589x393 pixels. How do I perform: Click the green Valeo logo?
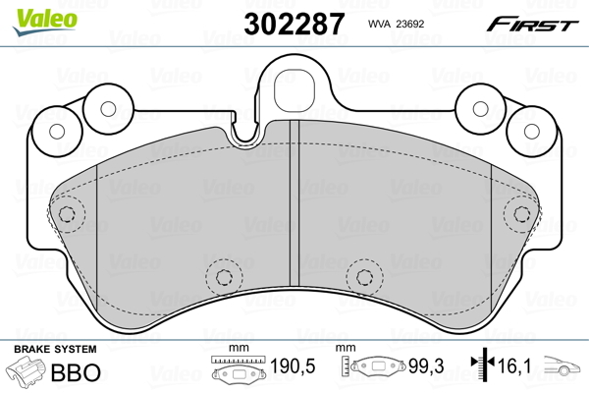point(45,22)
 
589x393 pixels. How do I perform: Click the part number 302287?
point(294,24)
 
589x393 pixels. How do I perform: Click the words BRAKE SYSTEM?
point(55,349)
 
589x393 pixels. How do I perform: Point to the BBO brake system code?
point(76,372)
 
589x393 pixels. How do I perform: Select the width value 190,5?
point(293,365)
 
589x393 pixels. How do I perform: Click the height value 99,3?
point(426,365)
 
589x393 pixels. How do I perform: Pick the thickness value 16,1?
point(514,365)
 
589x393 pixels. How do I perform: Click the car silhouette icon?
point(562,365)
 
